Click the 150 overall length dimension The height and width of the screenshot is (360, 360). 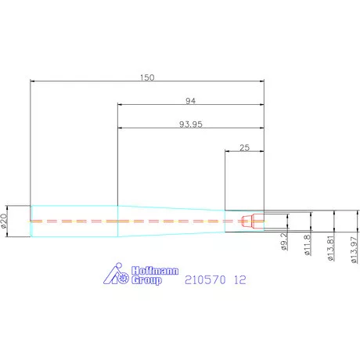[147, 77]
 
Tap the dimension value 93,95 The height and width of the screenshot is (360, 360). [189, 124]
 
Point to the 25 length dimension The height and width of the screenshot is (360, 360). [244, 147]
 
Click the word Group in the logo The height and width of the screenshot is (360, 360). [143, 280]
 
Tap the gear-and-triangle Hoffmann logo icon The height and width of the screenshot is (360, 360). [117, 274]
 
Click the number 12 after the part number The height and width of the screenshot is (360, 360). [239, 279]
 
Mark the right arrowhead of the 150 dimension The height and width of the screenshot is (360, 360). [261, 81]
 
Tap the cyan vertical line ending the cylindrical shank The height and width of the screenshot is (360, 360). [117, 221]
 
